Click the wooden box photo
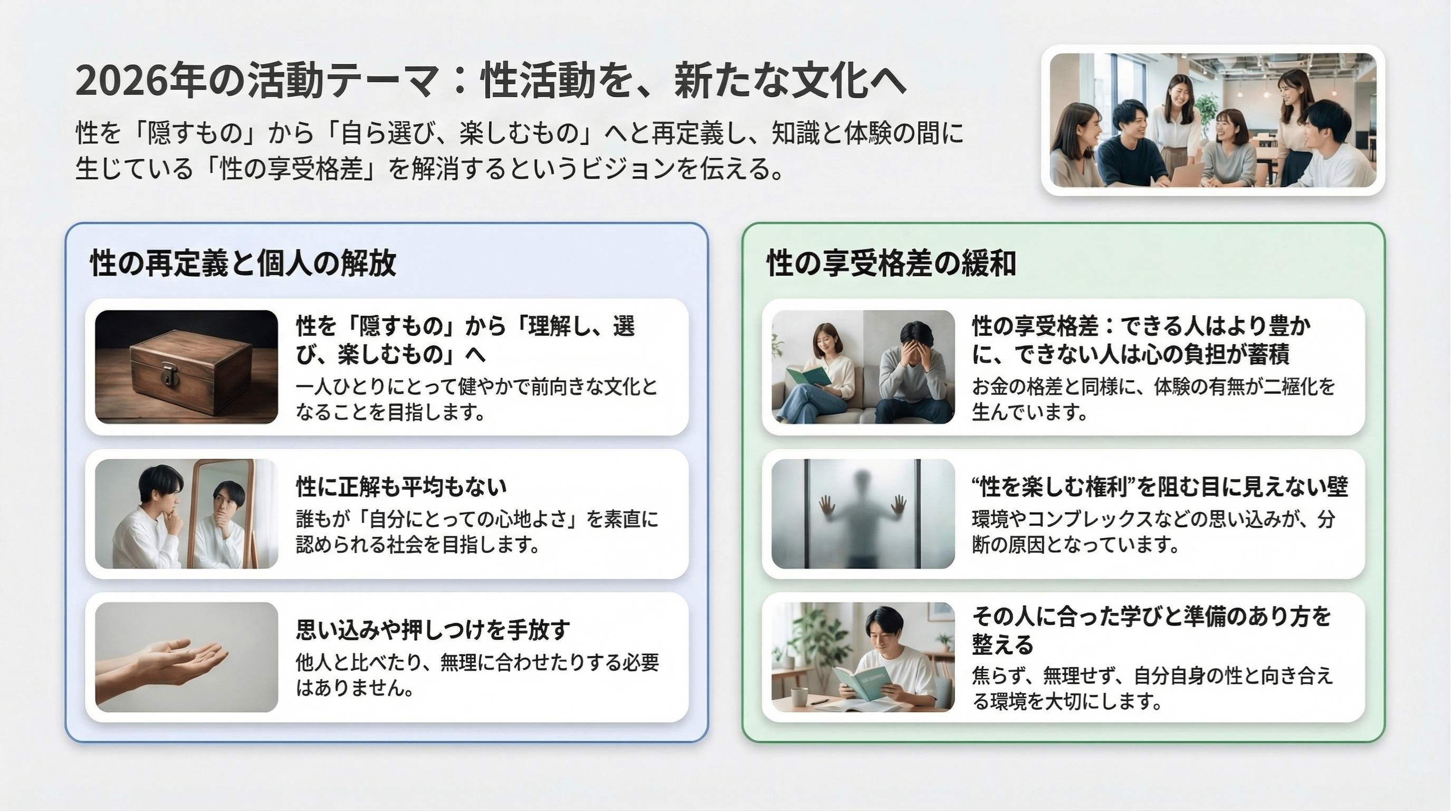coord(186,366)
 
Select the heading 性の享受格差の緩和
coord(891,263)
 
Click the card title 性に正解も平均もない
coord(402,486)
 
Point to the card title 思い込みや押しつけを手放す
coord(433,629)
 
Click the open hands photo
coord(186,657)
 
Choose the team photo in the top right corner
coord(1212,120)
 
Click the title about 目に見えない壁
coord(1160,486)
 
